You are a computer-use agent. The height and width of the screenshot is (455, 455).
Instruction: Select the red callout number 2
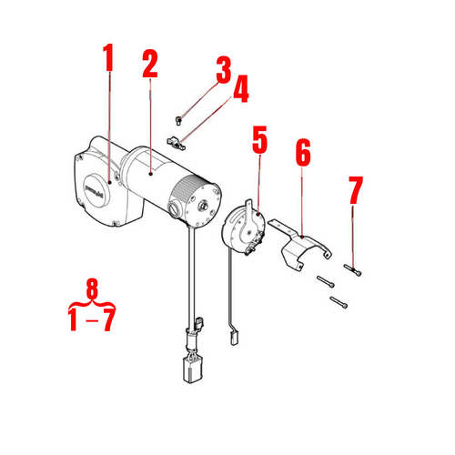coord(150,63)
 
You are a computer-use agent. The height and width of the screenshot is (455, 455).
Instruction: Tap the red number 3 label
coord(223,69)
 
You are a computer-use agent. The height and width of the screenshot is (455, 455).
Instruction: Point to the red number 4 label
coord(240,89)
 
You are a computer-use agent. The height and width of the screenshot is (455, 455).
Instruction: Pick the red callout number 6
coord(302,155)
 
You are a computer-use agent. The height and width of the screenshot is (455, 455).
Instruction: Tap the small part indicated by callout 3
coord(181,116)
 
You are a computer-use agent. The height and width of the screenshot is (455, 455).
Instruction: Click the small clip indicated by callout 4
coord(177,141)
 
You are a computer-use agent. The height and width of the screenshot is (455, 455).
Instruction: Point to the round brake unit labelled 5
coord(243,227)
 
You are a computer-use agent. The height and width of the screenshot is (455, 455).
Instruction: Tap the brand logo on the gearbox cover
coord(94,188)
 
